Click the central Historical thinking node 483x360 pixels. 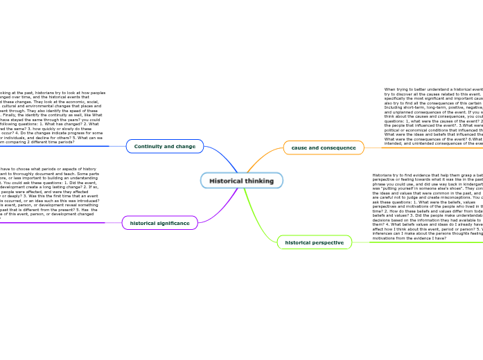(x=241, y=181)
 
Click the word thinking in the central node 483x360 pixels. (x=258, y=181)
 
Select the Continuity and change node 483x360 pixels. (x=165, y=147)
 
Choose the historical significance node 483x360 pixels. (x=159, y=223)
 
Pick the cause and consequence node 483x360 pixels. (x=324, y=147)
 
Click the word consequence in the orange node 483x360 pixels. (x=337, y=147)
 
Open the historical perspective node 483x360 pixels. (x=314, y=242)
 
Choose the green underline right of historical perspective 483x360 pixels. (x=416, y=242)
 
